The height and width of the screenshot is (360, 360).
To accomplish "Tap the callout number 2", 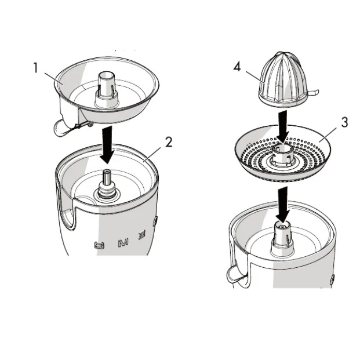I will click(169, 142).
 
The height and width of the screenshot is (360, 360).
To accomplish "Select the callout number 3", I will click(344, 122).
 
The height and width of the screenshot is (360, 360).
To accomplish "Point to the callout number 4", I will click(237, 67).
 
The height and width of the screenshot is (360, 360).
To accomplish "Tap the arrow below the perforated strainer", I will click(282, 203).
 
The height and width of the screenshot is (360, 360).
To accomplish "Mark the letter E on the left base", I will click(141, 235).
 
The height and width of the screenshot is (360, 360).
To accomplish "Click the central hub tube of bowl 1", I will click(107, 87).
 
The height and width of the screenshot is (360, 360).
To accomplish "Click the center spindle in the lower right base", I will click(282, 238).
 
